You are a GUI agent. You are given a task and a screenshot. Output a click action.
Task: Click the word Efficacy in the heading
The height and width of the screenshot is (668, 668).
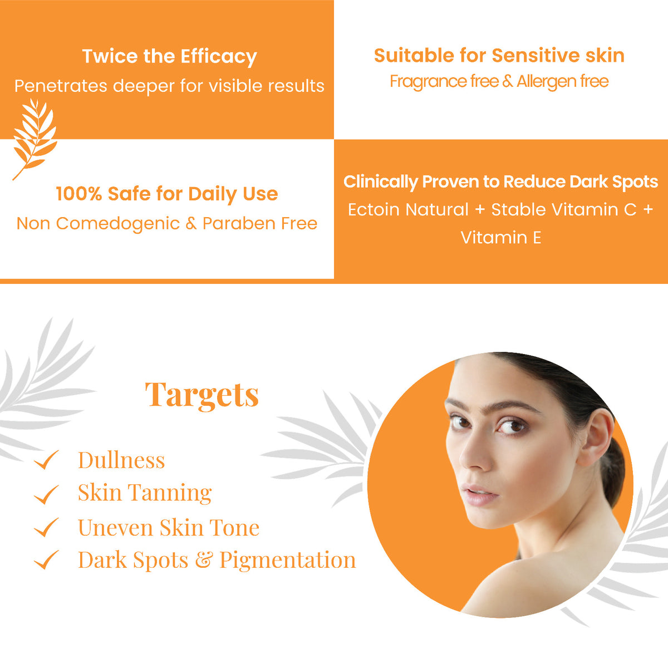(x=218, y=57)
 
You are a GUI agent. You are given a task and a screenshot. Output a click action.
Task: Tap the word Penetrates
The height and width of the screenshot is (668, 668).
(x=61, y=86)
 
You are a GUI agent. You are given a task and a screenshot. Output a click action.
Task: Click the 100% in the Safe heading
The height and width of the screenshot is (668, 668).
(x=78, y=193)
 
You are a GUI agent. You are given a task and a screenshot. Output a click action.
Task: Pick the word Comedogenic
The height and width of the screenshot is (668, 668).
(x=118, y=224)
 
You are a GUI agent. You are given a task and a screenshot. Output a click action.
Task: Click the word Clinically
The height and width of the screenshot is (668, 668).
(x=381, y=181)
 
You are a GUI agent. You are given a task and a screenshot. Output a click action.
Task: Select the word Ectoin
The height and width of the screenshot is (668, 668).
(x=374, y=209)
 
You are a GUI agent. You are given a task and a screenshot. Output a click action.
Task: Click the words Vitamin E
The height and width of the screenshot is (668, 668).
(x=500, y=238)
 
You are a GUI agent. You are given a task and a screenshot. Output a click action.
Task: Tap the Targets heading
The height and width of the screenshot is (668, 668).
(x=202, y=395)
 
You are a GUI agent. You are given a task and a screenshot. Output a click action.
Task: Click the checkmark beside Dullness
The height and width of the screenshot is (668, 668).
(x=46, y=460)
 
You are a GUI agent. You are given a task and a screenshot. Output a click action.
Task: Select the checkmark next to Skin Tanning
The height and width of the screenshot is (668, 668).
(x=46, y=494)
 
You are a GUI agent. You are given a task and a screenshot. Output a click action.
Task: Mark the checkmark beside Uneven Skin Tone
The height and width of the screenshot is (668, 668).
(x=46, y=527)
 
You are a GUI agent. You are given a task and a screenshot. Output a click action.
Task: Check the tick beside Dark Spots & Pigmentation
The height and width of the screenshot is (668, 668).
(x=46, y=559)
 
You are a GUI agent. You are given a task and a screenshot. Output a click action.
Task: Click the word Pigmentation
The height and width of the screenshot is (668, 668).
(x=288, y=561)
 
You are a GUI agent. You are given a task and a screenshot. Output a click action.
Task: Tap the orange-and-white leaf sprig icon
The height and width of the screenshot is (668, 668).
(x=35, y=139)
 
